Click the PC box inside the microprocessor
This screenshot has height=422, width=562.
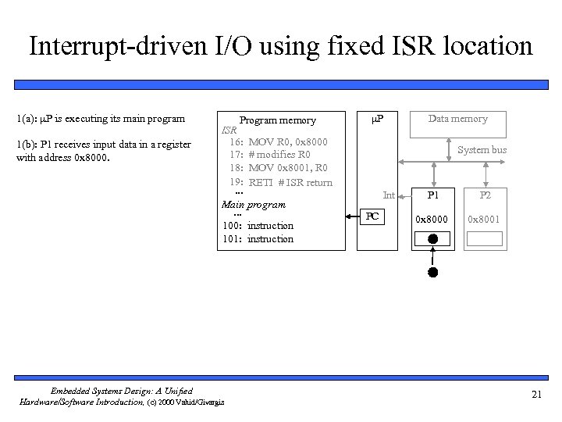coord(374,216)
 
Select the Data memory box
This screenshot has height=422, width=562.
coord(457,123)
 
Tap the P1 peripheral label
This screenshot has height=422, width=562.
coord(432,195)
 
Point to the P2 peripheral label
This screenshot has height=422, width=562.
coord(485,195)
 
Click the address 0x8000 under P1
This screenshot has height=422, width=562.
coord(432,219)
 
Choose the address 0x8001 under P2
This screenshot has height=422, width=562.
coord(485,219)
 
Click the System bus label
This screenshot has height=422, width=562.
coord(482,149)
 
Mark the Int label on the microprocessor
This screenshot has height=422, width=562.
coord(389,195)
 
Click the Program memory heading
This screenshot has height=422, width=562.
coord(277,120)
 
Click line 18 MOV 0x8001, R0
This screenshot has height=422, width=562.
coord(278,168)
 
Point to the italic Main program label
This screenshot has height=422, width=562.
coord(254,205)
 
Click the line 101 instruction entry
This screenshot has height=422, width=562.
coord(258,239)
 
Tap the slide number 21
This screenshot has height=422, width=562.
coord(535,395)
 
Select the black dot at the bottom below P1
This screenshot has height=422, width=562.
coord(432,273)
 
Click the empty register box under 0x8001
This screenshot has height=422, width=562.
coord(485,239)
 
